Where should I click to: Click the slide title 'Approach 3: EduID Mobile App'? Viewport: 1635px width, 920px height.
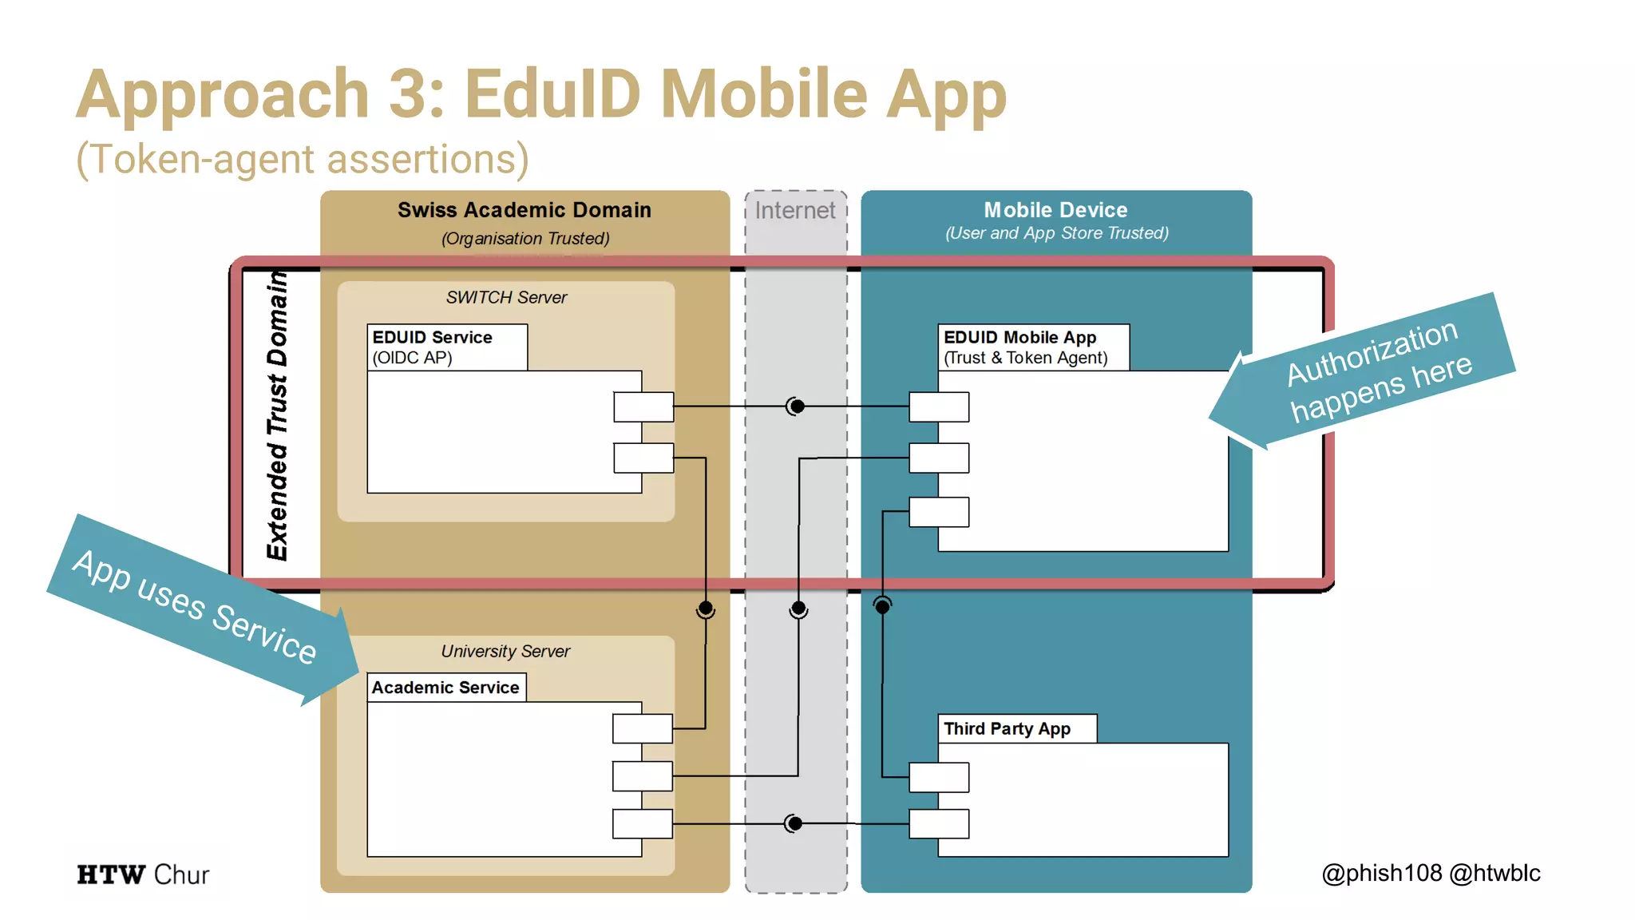click(x=540, y=94)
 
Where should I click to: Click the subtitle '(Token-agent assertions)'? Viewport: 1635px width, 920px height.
click(x=302, y=159)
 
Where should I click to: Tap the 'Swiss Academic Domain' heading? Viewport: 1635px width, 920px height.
click(x=524, y=210)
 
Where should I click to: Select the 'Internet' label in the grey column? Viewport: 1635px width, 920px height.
click(x=794, y=210)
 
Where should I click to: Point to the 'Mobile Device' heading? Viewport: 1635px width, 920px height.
click(x=1055, y=210)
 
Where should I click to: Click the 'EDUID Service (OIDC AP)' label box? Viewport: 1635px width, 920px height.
click(x=446, y=347)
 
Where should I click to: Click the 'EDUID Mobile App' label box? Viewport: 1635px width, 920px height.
click(x=1032, y=347)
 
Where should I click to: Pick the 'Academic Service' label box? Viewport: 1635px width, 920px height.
click(x=445, y=688)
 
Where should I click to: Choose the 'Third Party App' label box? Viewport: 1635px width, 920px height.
click(x=1015, y=729)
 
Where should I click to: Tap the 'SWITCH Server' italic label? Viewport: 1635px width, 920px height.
click(x=506, y=297)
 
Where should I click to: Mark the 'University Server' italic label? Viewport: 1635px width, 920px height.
click(x=505, y=652)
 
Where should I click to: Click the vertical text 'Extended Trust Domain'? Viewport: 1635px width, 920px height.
click(x=277, y=415)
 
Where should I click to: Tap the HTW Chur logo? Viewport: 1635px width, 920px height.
click(x=143, y=874)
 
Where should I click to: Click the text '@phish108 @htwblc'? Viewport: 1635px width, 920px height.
click(x=1431, y=873)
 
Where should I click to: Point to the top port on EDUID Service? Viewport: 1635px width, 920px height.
click(x=643, y=406)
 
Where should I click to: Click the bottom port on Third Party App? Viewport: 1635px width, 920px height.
click(x=939, y=823)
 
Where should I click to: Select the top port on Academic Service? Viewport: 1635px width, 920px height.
click(x=643, y=728)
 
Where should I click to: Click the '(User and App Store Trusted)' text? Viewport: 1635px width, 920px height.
click(x=1056, y=233)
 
